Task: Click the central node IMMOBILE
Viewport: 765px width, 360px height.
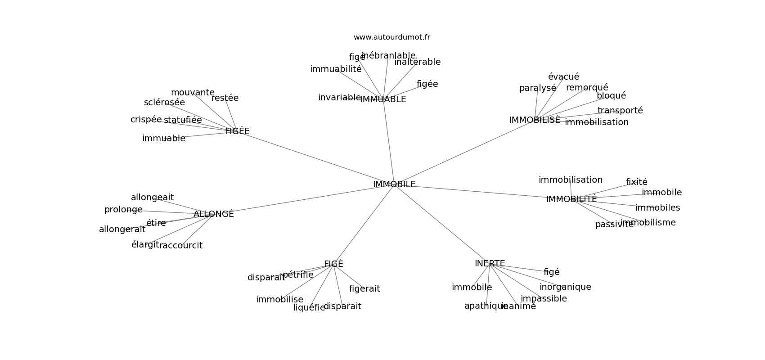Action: point(394,184)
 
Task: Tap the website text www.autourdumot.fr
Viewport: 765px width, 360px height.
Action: point(391,37)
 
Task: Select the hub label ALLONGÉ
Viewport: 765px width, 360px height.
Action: point(213,214)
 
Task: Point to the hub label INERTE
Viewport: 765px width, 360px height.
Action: point(490,264)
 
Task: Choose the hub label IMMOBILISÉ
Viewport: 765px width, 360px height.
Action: point(535,120)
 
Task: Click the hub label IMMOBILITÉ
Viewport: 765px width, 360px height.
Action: point(571,199)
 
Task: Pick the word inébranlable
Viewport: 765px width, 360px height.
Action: point(388,56)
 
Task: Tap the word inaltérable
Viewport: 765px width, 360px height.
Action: point(417,62)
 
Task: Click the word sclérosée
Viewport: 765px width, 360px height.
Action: point(164,103)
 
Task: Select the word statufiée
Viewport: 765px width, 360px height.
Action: point(183,120)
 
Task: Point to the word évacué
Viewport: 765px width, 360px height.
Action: point(563,77)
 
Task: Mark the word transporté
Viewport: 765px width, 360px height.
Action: point(620,111)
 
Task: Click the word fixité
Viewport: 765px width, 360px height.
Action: point(636,182)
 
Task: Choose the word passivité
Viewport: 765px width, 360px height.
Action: point(614,225)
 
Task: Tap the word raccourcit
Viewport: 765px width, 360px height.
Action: point(181,246)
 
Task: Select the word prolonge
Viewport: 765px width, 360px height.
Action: point(123,210)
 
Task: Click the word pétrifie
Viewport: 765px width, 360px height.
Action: point(298,274)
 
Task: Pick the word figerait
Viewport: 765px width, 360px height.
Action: point(364,289)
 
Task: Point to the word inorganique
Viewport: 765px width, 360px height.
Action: point(565,287)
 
